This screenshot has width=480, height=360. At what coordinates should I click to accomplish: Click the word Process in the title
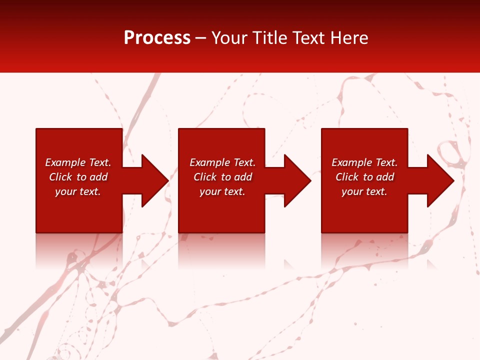pyautogui.click(x=157, y=37)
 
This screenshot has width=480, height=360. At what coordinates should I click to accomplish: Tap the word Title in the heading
pyautogui.click(x=268, y=37)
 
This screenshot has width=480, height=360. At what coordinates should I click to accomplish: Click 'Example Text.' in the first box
pyautogui.click(x=78, y=162)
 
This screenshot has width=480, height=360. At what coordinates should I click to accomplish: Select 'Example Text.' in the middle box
pyautogui.click(x=222, y=162)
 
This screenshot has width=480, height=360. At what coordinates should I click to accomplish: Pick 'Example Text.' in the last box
pyautogui.click(x=364, y=162)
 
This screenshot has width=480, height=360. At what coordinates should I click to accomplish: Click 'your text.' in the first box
pyautogui.click(x=78, y=191)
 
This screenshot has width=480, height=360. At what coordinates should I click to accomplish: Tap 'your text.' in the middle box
pyautogui.click(x=222, y=191)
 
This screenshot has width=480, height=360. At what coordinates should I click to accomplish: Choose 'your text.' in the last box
pyautogui.click(x=364, y=191)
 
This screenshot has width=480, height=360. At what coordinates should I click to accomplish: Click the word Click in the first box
pyautogui.click(x=60, y=177)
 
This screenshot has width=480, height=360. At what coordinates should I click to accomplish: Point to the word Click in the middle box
pyautogui.click(x=205, y=177)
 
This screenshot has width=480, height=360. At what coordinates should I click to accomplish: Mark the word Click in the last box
pyautogui.click(x=347, y=177)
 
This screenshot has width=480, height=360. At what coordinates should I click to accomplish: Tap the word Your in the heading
pyautogui.click(x=229, y=37)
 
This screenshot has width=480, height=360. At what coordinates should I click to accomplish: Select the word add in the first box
pyautogui.click(x=98, y=177)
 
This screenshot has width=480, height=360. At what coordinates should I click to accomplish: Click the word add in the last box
pyautogui.click(x=385, y=177)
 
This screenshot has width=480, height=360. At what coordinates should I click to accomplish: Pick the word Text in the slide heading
pyautogui.click(x=308, y=37)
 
